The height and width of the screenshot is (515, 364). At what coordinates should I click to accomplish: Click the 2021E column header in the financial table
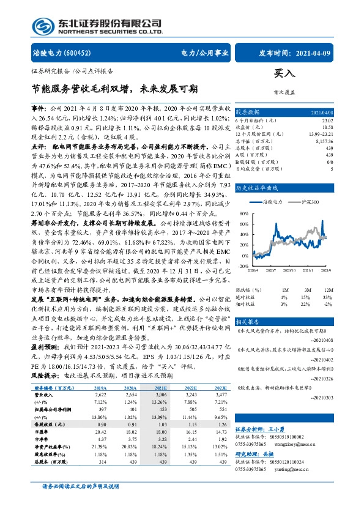[161, 388]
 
